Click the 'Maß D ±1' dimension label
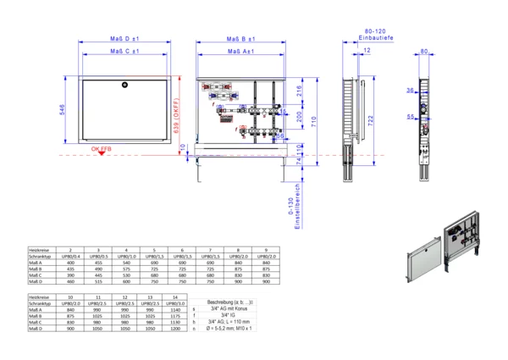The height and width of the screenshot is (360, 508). point(124,39)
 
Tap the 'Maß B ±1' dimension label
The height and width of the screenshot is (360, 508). point(241,39)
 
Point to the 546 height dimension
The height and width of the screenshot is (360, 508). point(63,110)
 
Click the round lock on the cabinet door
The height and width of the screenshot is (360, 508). point(124,84)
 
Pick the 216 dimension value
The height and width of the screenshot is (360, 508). point(299,90)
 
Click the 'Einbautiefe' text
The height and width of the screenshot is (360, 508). point(373,39)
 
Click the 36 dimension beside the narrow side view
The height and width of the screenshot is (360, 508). point(409,90)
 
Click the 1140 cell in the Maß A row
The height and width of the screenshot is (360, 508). point(175,310)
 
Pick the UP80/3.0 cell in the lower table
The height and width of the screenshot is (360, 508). point(175,303)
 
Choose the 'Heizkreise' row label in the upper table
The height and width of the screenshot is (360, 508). point(40,251)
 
